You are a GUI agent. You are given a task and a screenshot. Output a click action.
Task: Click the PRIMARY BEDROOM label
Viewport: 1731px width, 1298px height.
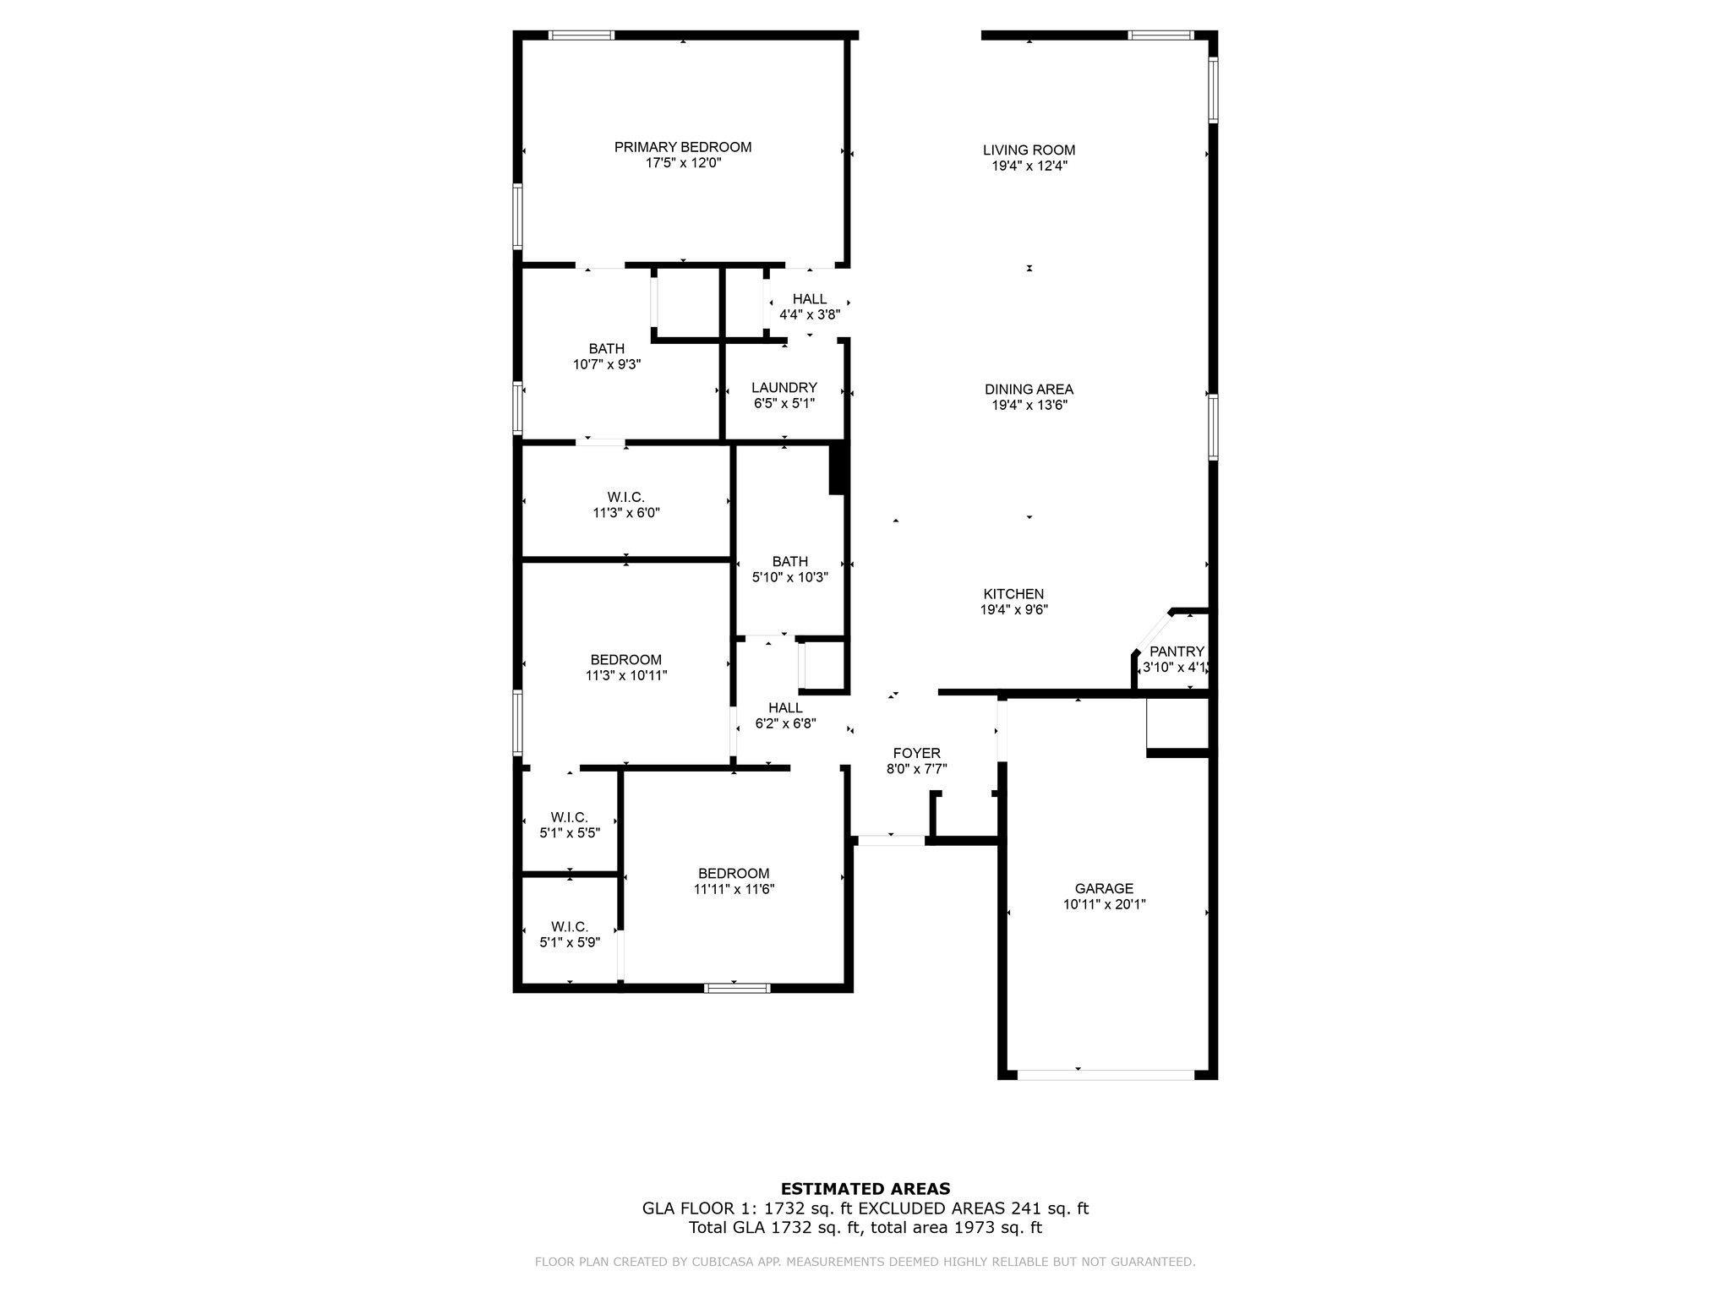click(682, 147)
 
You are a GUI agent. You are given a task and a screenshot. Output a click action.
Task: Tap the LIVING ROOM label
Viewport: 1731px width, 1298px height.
click(1029, 150)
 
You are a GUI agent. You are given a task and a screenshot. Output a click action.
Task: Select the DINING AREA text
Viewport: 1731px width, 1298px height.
click(1029, 390)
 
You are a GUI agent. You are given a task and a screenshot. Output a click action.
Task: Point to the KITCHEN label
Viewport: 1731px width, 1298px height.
click(1013, 594)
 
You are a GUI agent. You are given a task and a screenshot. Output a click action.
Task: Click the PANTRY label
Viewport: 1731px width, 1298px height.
click(1177, 652)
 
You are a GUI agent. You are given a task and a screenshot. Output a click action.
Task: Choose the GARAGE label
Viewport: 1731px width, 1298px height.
click(1104, 889)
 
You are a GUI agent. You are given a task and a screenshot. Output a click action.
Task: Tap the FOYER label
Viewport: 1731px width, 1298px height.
click(916, 754)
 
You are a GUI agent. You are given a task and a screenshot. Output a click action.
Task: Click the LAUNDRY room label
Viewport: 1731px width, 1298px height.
click(784, 388)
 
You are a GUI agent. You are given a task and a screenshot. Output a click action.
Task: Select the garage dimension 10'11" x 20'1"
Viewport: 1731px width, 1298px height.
click(1104, 905)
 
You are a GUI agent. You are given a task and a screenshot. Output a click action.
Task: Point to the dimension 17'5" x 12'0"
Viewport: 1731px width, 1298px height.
click(683, 163)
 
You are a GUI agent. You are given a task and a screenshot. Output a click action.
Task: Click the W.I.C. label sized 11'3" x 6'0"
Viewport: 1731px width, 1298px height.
click(625, 497)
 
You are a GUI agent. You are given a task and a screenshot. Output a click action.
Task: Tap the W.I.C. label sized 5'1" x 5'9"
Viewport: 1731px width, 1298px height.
click(570, 927)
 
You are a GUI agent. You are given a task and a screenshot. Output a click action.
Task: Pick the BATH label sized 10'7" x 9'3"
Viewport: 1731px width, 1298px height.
click(607, 349)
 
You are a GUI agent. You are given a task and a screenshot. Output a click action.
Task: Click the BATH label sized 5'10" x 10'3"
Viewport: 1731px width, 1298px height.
click(790, 562)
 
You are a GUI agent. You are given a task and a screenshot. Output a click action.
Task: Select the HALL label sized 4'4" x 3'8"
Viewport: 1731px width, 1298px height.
click(810, 299)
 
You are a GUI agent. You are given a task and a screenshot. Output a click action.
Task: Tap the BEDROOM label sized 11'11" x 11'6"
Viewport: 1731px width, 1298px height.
click(734, 874)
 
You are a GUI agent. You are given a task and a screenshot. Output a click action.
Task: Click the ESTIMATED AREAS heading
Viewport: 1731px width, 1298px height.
click(865, 1189)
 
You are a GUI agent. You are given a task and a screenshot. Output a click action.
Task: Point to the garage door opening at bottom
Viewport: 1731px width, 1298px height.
click(1106, 1075)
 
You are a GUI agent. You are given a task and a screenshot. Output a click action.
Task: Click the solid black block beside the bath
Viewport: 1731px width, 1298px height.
click(838, 469)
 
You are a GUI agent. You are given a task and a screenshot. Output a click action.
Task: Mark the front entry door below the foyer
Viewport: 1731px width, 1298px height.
click(891, 840)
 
